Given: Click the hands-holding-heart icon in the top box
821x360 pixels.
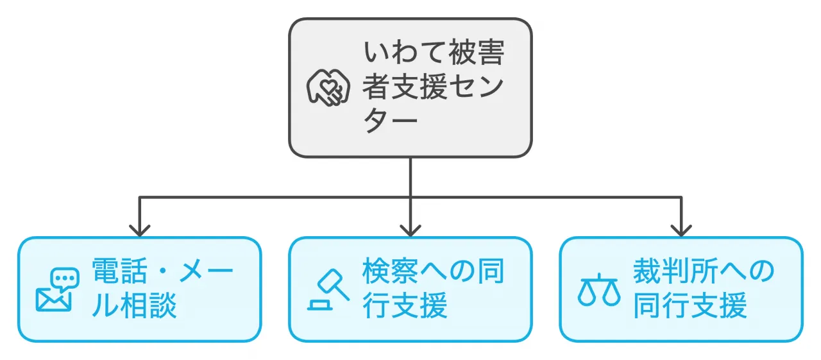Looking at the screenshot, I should [x=328, y=88].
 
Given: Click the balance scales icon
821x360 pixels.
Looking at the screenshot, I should [x=598, y=290].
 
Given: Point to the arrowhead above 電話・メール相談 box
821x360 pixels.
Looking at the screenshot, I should [x=139, y=229].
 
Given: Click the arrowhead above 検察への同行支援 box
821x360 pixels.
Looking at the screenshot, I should [x=410, y=229].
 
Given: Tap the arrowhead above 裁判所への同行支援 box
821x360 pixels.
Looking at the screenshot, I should [x=681, y=229].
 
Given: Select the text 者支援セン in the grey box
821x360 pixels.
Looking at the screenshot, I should [x=434, y=87].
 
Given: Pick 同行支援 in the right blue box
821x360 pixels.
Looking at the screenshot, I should [x=690, y=307].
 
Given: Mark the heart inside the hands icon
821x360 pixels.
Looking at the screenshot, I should [x=328, y=85].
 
